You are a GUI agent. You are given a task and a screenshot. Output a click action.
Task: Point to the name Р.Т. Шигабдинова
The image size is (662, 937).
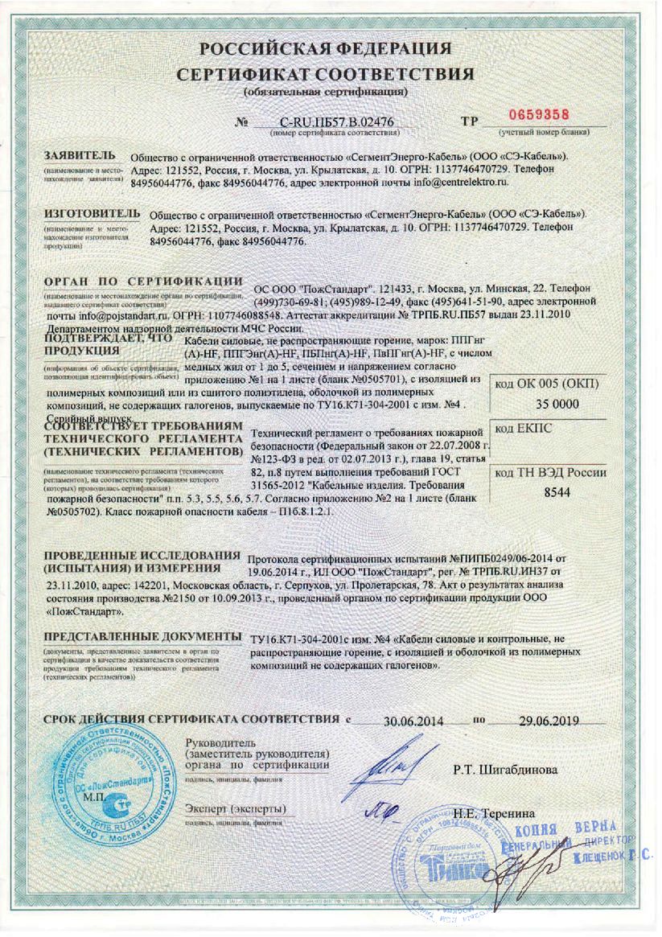coord(505,770)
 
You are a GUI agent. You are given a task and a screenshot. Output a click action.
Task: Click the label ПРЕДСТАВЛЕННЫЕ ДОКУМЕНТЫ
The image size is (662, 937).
coord(142,637)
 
